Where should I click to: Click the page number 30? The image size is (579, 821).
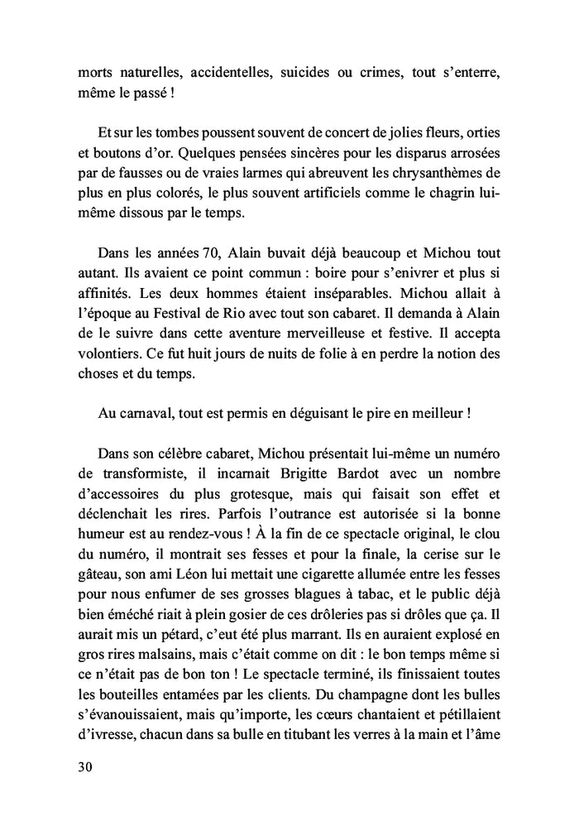(84, 766)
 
